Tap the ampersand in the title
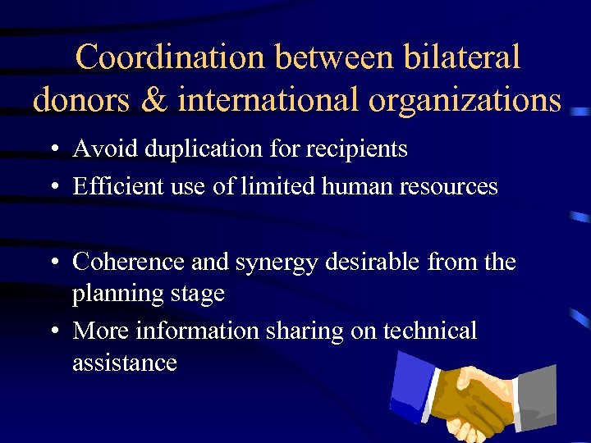point(153,99)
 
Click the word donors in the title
point(79,99)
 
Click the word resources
point(448,187)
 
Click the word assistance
point(125,362)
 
